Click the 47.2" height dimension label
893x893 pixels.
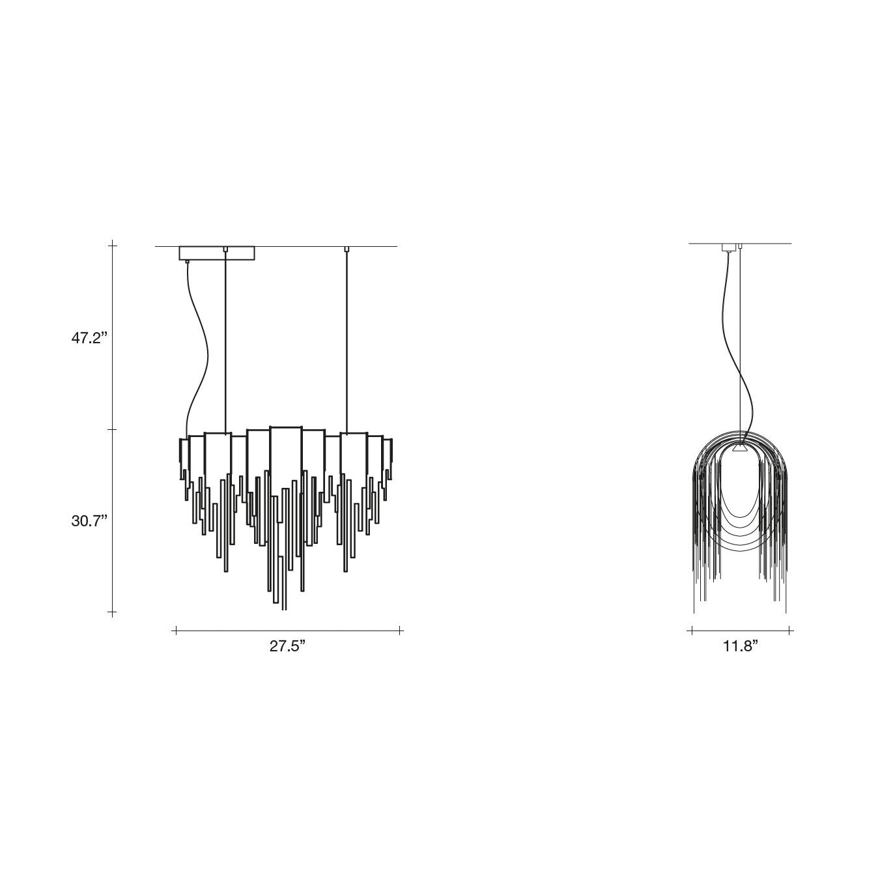[x=89, y=338]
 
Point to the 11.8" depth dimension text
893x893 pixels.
[x=741, y=646]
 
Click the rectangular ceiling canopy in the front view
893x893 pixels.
[x=217, y=253]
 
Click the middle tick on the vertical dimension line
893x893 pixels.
[x=112, y=430]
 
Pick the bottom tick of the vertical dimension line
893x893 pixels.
[x=112, y=613]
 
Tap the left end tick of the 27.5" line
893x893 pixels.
[x=176, y=631]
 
